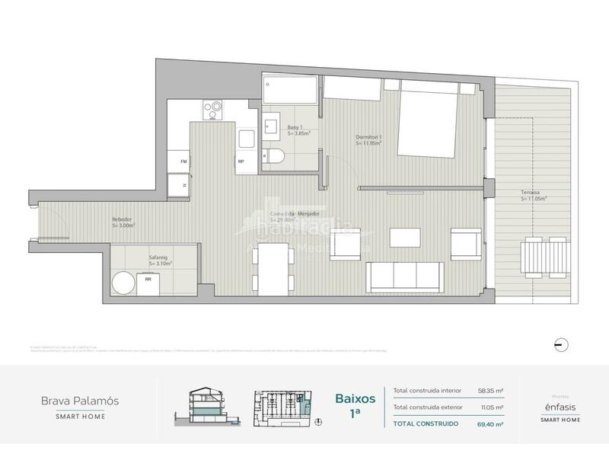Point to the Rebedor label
point(123,222)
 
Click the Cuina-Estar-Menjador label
point(290,214)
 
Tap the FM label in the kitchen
point(183,162)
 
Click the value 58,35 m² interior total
point(492,391)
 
